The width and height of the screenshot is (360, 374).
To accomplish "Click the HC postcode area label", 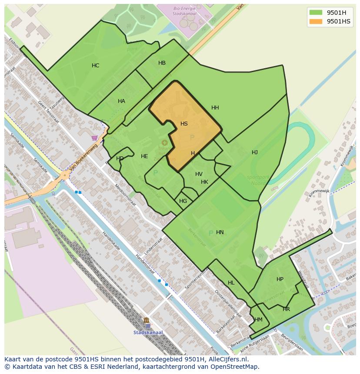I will pos(95,66).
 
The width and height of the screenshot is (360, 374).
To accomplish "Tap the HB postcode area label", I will pos(162,63).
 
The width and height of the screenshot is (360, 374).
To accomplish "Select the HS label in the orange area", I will pos(184,124).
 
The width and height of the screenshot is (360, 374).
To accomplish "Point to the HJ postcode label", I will pos(255,152).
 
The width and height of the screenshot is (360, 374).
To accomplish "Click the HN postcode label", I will pos(220,232).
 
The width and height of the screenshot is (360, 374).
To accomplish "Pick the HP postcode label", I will pos(280,279).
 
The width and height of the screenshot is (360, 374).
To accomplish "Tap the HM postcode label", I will pos(258,320).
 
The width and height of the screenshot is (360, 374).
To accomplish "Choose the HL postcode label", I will pos(231,283).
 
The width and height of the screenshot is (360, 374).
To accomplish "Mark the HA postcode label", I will pos(121,101).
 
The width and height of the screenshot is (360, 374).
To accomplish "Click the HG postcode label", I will pos(183,201).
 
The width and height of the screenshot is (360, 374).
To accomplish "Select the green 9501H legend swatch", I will pos(316,13).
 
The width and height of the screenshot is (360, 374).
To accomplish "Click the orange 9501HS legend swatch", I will pos(316,21).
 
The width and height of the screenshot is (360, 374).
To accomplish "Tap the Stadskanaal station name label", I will pos(148,333).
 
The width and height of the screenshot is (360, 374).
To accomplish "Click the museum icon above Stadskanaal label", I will pos(146,321).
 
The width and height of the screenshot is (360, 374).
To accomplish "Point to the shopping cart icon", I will pos(95,138).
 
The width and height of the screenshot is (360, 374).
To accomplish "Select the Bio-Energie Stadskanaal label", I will pos(184,11).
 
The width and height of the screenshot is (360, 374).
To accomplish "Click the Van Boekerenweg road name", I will pos(83,157).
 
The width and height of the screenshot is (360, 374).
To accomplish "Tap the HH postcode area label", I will pos(215,108).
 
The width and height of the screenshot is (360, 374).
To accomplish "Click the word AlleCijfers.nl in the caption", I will pos(227,359).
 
